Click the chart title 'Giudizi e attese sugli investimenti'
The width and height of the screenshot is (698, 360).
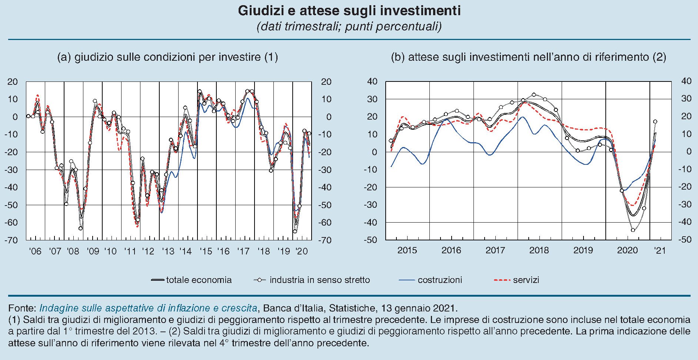click(349, 11)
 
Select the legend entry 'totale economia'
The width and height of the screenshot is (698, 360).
click(199, 280)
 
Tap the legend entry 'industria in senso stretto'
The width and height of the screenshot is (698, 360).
click(319, 280)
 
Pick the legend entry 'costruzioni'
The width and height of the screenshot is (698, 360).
click(439, 280)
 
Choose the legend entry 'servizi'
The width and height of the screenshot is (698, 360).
click(526, 280)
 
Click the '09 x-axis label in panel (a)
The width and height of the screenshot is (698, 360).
click(93, 251)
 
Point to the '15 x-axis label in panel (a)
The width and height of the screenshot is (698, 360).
click(206, 251)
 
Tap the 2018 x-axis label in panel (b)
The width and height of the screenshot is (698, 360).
click(539, 250)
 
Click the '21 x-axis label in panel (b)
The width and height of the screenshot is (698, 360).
click(660, 250)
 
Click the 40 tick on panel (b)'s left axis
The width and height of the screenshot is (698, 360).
click(372, 81)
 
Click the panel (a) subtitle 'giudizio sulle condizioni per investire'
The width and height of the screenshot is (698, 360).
click(167, 57)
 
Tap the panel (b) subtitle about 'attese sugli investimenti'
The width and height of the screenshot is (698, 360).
click(528, 57)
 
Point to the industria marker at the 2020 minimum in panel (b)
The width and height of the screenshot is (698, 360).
click(633, 230)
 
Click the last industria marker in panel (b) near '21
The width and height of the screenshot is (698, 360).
click(655, 121)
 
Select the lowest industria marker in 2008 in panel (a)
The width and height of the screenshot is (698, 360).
click(80, 228)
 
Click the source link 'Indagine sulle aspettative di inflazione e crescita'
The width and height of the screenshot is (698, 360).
click(148, 308)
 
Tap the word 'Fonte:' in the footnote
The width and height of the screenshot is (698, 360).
click(22, 308)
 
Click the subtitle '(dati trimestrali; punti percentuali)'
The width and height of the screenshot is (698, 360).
click(349, 27)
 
